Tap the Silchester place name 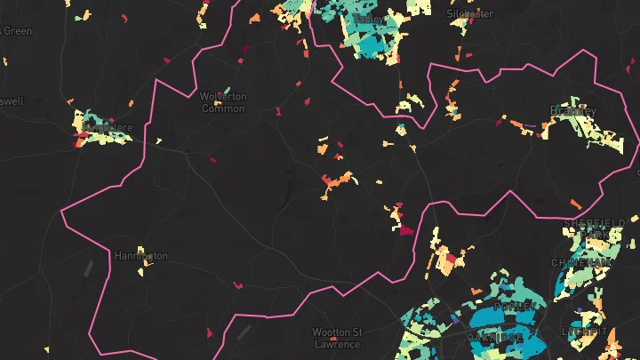coord(469,14)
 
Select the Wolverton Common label coord(223,102)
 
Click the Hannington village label coord(140,256)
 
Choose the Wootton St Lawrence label coord(337,338)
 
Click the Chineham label coord(580,262)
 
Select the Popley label coord(515,305)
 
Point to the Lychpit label coord(584,332)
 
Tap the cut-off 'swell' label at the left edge coord(12,101)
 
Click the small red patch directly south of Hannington coord(237,285)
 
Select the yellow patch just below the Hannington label coord(141,267)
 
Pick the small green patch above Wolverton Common coord(228,89)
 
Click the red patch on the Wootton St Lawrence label coord(333,339)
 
